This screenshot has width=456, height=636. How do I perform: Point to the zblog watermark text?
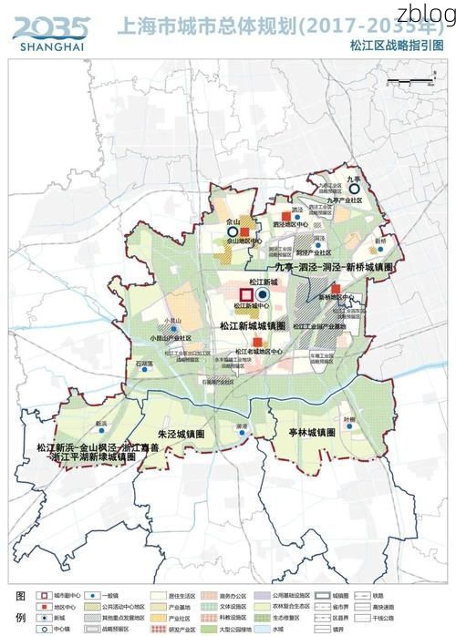(x=427, y=13)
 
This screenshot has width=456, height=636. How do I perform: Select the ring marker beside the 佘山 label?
(x=232, y=232)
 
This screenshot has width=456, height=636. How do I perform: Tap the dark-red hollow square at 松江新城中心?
(x=245, y=296)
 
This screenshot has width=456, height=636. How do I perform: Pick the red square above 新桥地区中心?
(x=336, y=289)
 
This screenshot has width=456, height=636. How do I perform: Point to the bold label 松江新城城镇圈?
(x=253, y=324)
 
